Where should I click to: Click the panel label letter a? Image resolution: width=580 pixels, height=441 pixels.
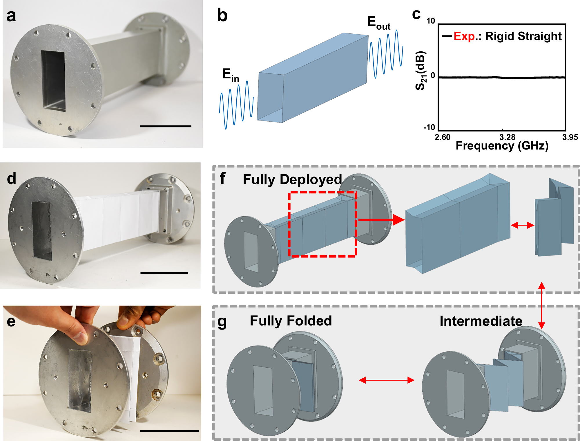[x=11, y=16]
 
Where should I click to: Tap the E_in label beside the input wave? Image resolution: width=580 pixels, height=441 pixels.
[x=230, y=75]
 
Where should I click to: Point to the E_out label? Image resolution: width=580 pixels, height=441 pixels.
[x=378, y=23]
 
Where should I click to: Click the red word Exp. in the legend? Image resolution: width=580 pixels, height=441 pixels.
[x=464, y=36]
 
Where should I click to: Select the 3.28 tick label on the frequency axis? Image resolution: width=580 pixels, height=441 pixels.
[x=507, y=137]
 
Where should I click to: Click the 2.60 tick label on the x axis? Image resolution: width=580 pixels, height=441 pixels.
[x=442, y=137]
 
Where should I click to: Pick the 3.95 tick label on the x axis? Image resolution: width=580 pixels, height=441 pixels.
[x=570, y=137]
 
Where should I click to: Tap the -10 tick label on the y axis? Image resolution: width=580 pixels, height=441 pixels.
[x=429, y=127]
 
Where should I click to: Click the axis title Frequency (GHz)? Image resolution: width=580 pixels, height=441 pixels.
[x=502, y=146]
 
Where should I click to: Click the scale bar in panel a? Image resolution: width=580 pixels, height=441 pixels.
[x=166, y=126]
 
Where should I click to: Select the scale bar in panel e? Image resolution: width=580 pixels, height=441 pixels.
[x=169, y=431]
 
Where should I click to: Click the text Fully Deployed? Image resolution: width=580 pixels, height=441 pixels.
[x=292, y=179]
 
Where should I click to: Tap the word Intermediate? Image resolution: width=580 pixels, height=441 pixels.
[x=481, y=321]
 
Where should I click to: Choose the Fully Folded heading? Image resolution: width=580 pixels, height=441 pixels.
[x=291, y=321]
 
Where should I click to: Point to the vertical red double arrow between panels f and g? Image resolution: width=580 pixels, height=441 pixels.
[x=541, y=305]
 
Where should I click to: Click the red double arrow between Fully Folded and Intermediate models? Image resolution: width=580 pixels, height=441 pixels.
[x=387, y=380]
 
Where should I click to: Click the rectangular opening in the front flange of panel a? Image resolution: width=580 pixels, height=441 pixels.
[x=53, y=81]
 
